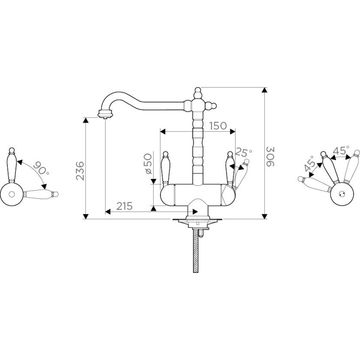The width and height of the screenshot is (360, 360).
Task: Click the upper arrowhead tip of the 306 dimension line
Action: click(265, 87)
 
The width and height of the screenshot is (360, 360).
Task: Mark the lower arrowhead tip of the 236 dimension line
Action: click(85, 219)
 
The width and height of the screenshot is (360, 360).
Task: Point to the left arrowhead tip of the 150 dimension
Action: click(160, 131)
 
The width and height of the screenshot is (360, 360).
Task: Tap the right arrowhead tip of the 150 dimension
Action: click(235, 131)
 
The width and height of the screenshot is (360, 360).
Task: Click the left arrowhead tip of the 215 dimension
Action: click(105, 212)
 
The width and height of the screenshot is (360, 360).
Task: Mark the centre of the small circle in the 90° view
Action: click(11, 194)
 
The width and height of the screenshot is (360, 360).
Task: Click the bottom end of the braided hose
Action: click(195, 272)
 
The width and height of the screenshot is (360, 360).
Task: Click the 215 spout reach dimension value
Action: click(125, 206)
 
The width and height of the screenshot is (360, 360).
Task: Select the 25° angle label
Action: click(244, 152)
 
